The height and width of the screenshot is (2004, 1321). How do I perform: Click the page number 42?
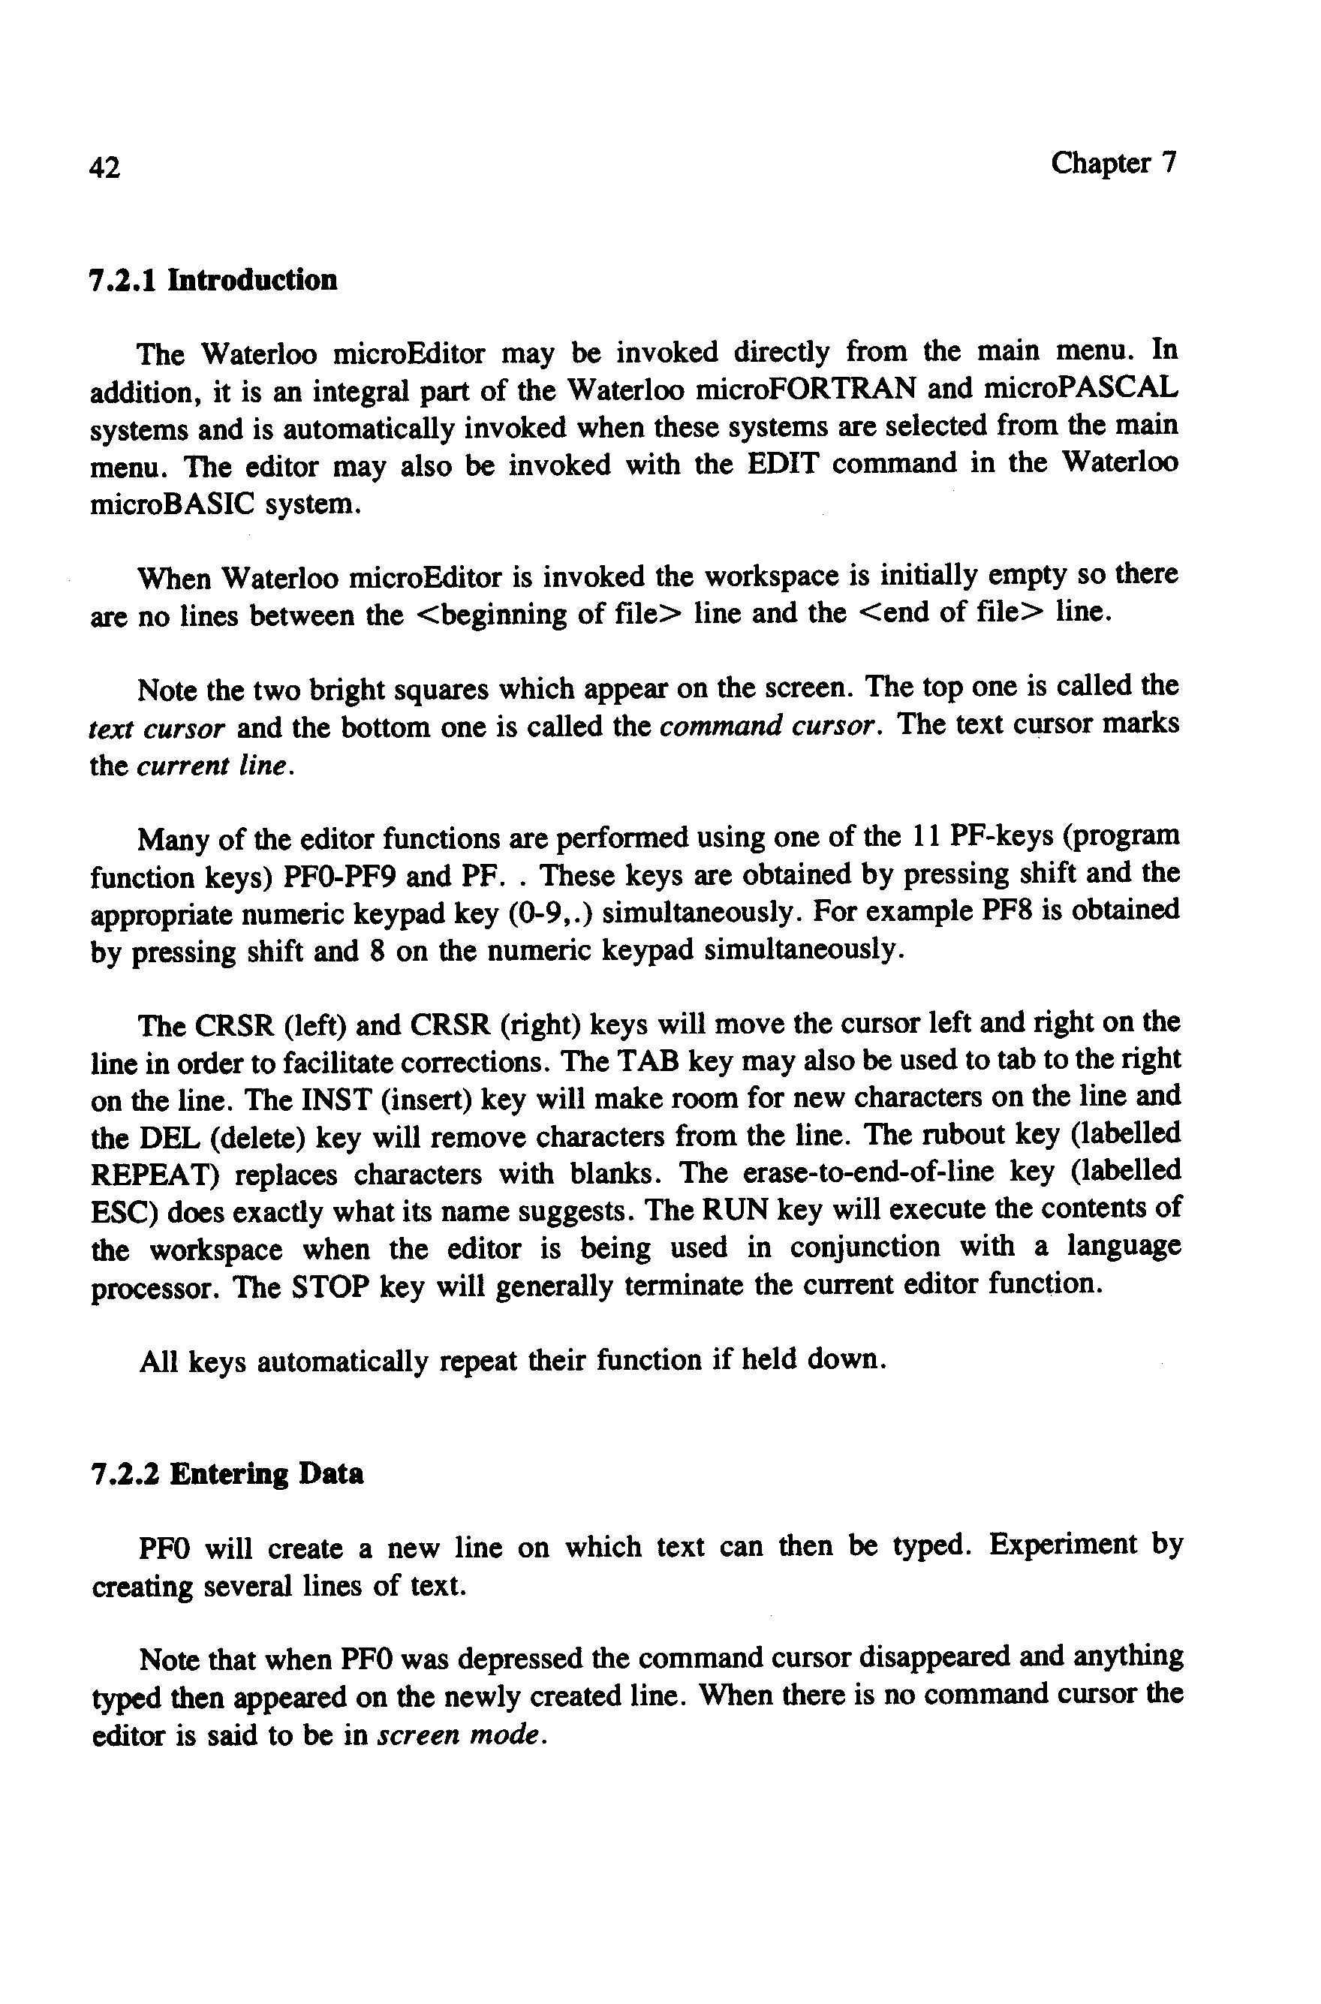coord(104,168)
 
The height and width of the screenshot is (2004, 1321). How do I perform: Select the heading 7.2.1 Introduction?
coord(213,280)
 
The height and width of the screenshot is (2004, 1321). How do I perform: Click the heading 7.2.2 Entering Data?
coord(227,1474)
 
